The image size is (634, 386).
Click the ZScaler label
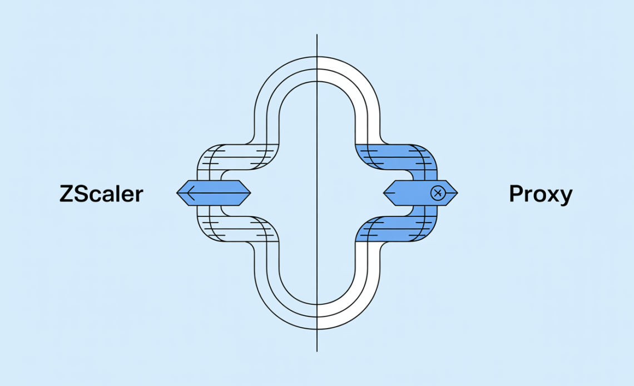[x=101, y=194]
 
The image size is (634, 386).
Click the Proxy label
[x=541, y=194]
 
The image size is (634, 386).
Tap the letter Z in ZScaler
[x=66, y=194]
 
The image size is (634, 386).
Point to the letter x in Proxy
[x=552, y=196]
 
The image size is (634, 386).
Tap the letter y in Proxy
[x=565, y=197]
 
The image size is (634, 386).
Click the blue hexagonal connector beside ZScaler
[x=214, y=193]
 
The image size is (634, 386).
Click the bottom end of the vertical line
[x=317, y=351]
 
